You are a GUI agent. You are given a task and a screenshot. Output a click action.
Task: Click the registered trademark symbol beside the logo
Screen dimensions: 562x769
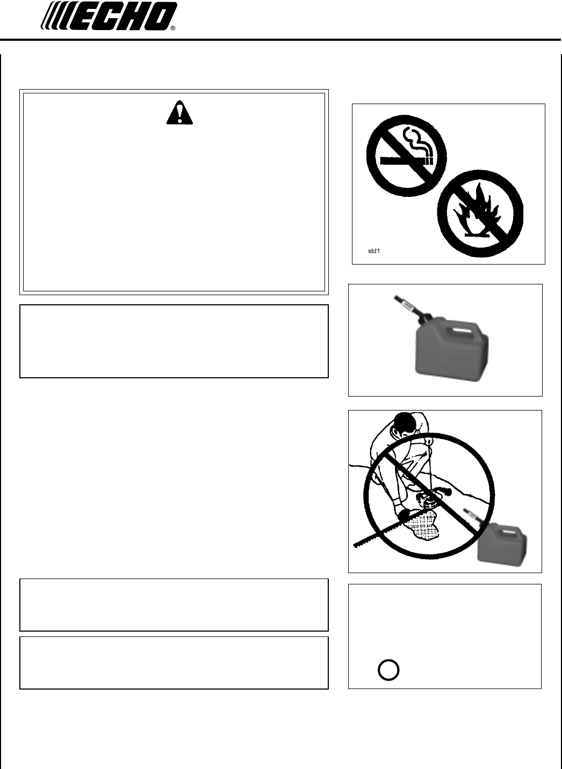(173, 28)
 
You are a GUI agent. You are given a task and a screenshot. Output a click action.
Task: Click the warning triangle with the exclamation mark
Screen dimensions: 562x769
(179, 112)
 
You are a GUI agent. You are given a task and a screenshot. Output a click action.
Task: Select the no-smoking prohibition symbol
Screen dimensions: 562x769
(406, 156)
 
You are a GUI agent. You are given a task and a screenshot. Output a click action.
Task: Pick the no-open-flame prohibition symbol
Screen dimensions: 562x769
(480, 213)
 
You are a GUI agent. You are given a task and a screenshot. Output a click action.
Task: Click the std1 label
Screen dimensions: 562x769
(373, 251)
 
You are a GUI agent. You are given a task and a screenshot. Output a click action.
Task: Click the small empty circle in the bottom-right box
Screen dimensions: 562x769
(388, 670)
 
